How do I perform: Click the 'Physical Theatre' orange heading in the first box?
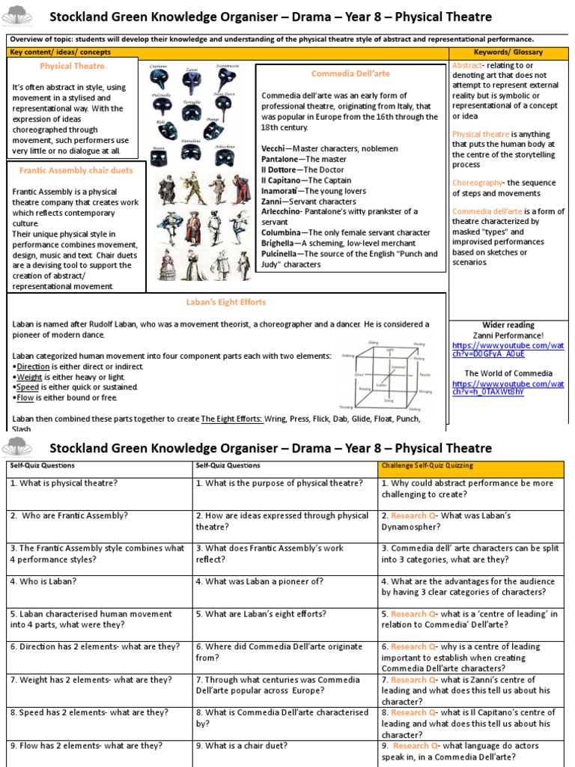pyautogui.click(x=72, y=66)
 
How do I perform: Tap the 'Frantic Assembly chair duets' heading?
pyautogui.click(x=76, y=170)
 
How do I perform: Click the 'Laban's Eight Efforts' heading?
pyautogui.click(x=226, y=302)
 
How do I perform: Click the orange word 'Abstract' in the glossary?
pyautogui.click(x=467, y=66)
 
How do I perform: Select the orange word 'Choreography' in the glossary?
pyautogui.click(x=480, y=183)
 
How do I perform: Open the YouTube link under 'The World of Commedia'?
pyautogui.click(x=508, y=388)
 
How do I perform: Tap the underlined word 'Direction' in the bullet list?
pyautogui.click(x=33, y=366)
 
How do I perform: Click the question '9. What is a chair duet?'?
pyautogui.click(x=244, y=745)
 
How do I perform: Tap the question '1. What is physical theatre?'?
pyautogui.click(x=64, y=483)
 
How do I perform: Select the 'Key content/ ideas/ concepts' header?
pyautogui.click(x=60, y=52)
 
